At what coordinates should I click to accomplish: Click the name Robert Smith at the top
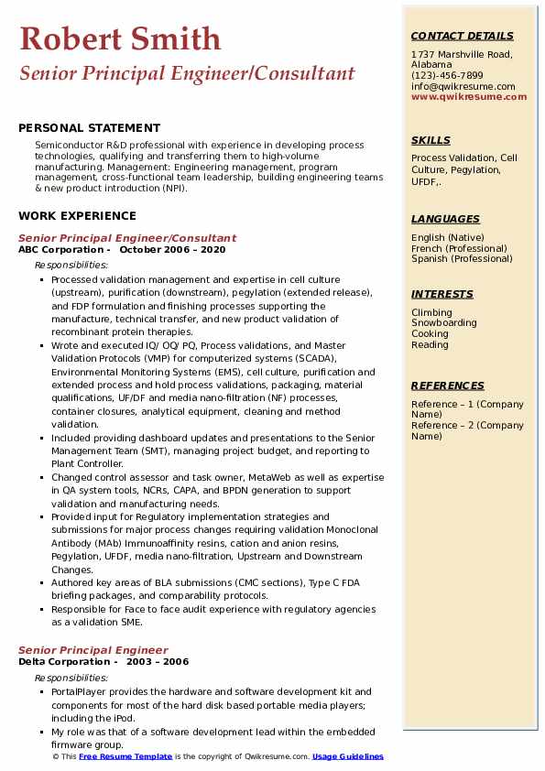120,38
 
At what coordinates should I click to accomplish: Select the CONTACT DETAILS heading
462,36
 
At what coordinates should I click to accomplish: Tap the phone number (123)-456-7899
447,76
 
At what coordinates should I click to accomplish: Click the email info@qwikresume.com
463,87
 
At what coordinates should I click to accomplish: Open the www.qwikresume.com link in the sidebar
463,97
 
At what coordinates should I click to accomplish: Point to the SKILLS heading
431,140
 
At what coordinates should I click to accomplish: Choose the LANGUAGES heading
445,219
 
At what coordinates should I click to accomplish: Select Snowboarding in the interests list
443,323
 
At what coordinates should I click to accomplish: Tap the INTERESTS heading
442,294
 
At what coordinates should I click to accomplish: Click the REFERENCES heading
447,385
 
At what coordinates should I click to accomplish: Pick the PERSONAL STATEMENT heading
89,128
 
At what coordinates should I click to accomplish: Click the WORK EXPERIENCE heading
77,216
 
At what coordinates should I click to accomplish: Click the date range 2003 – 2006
158,662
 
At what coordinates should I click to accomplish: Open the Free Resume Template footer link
125,757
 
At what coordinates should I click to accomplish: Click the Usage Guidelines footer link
347,757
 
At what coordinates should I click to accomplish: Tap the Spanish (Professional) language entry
461,259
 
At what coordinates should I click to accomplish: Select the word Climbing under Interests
431,312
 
